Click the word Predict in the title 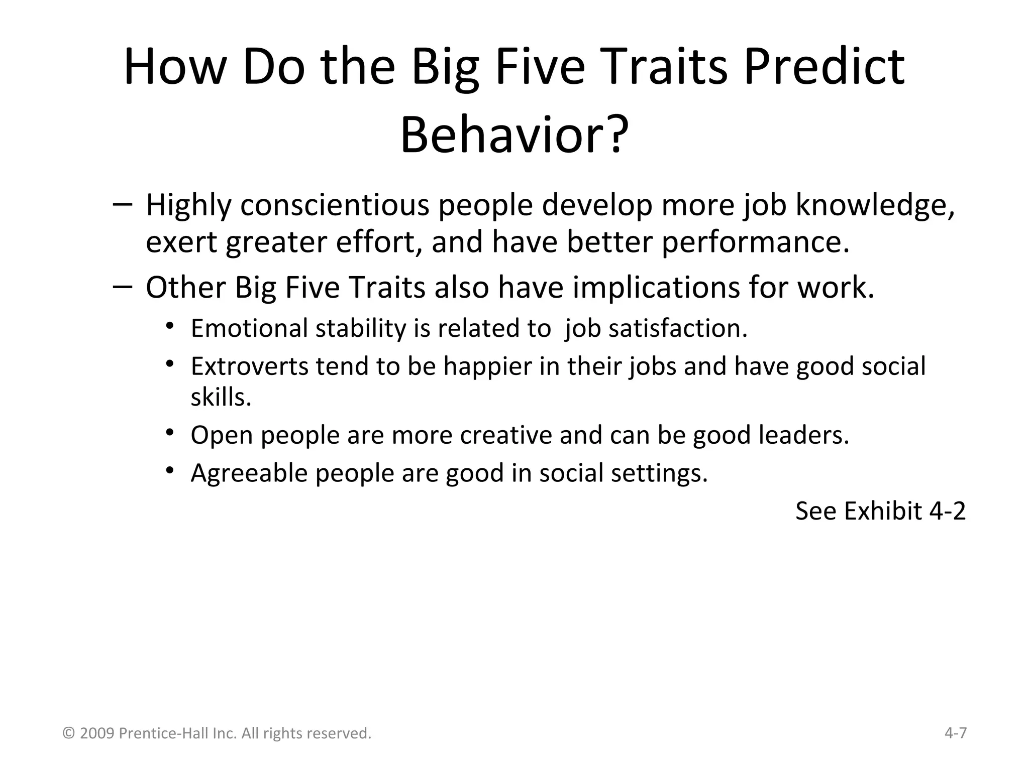tap(824, 68)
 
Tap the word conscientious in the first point tap(335, 206)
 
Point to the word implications tap(656, 288)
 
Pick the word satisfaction tap(678, 329)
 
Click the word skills tap(221, 398)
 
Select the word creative tap(506, 435)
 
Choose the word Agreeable tap(249, 473)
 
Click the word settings tap(659, 473)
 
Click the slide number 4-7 tap(956, 733)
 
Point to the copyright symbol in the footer tap(69, 734)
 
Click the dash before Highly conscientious tap(123, 204)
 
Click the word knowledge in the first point tap(875, 206)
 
